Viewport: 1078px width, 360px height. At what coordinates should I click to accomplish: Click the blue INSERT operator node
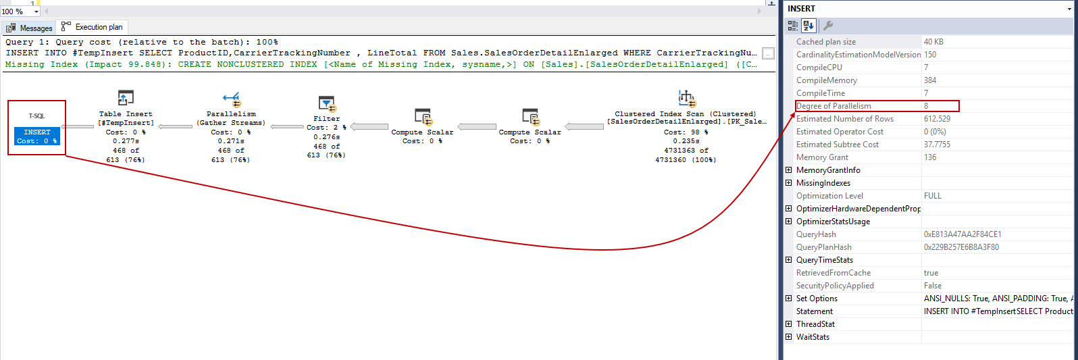pyautogui.click(x=37, y=136)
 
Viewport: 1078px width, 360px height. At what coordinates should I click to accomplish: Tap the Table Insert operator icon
pyautogui.click(x=126, y=98)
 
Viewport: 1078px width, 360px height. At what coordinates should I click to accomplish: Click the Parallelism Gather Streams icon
pyautogui.click(x=231, y=99)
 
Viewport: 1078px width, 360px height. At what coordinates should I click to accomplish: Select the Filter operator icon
pyautogui.click(x=327, y=103)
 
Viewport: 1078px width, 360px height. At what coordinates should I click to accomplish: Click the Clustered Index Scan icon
pyautogui.click(x=686, y=98)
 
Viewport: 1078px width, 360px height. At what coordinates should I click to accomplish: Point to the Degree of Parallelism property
pyautogui.click(x=833, y=106)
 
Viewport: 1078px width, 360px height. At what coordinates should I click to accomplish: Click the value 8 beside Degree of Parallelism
pyautogui.click(x=926, y=106)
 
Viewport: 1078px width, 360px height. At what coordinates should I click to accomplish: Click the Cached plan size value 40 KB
pyautogui.click(x=933, y=42)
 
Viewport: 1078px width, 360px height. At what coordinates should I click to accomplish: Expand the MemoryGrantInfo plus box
pyautogui.click(x=788, y=170)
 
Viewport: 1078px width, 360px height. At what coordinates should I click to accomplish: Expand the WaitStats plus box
pyautogui.click(x=788, y=337)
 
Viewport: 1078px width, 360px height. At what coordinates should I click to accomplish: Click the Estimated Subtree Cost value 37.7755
pyautogui.click(x=937, y=145)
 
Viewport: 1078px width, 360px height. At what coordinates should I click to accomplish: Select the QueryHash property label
pyautogui.click(x=816, y=234)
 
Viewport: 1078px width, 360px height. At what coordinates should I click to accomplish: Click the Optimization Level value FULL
pyautogui.click(x=932, y=196)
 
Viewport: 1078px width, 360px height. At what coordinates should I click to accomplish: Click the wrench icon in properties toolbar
pyautogui.click(x=827, y=26)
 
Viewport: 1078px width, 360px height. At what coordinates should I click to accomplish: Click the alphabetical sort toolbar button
pyautogui.click(x=809, y=26)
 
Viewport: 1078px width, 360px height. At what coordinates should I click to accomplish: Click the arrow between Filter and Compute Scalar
pyautogui.click(x=369, y=126)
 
